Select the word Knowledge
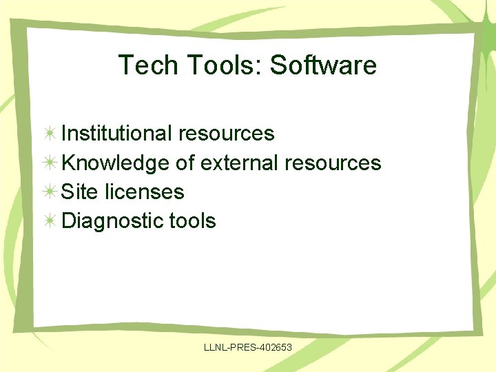115,163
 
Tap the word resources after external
332,163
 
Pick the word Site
79,192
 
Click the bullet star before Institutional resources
50,133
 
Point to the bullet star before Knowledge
50,163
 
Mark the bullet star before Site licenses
50,192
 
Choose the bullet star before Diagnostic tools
50,221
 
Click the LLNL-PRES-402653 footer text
248,348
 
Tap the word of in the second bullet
185,163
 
